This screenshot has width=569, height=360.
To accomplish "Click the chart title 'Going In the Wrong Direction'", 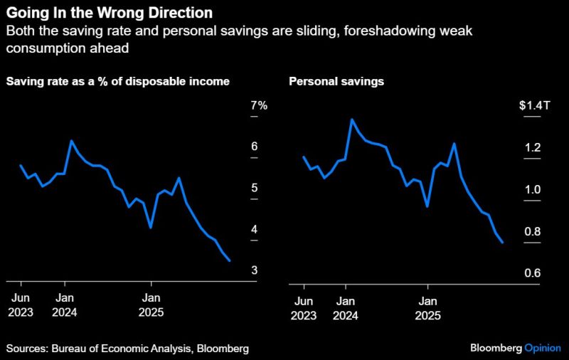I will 109,14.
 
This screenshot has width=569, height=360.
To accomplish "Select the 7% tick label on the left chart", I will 258,105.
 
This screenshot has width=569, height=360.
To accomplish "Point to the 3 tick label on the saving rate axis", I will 254,271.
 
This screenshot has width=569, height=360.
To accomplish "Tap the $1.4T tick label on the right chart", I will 534,105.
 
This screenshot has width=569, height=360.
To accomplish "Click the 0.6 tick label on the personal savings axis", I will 533,273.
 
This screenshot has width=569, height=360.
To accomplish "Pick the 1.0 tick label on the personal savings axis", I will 533,189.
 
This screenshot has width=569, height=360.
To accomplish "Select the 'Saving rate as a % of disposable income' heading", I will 118,81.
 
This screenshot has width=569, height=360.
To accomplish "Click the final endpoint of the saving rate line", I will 229,261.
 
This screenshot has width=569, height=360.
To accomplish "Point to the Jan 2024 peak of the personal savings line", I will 351,120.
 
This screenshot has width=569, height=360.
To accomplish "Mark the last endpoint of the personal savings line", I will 503,243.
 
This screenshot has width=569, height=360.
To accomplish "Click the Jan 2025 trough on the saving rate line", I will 151,228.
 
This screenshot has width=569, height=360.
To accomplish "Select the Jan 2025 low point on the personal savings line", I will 427,206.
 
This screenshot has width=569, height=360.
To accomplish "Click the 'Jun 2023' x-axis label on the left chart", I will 21,305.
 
